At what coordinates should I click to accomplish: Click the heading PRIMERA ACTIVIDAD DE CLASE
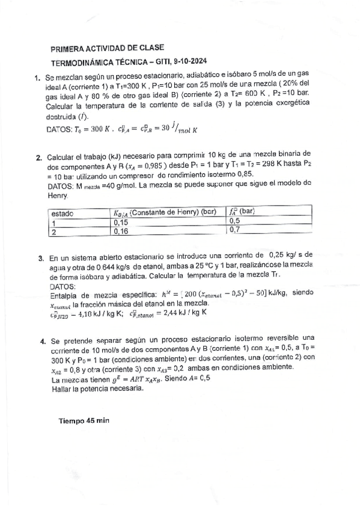click(107, 48)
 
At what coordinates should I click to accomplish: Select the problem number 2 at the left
click(40, 158)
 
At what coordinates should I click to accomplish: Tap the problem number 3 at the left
click(41, 257)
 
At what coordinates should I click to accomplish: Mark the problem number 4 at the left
click(43, 340)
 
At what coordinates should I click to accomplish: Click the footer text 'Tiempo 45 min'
click(84, 421)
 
